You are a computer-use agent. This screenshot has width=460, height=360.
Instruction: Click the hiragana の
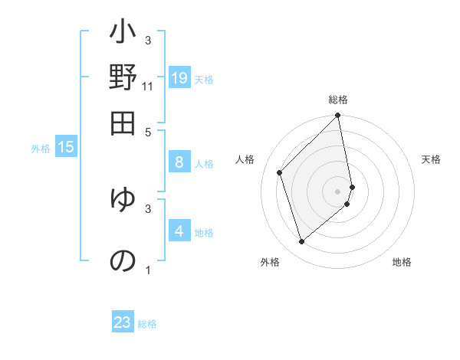123,260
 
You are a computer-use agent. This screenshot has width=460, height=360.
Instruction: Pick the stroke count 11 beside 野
147,87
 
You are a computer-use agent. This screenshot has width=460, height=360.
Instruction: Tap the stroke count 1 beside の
148,270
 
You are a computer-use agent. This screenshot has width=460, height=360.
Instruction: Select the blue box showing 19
179,77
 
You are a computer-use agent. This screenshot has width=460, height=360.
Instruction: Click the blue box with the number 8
179,162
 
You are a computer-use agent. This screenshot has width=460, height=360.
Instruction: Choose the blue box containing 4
179,231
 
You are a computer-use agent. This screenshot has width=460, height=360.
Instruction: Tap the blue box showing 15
66,147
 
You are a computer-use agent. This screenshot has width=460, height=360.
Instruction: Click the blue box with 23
123,322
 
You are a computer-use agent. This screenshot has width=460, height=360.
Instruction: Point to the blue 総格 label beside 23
147,324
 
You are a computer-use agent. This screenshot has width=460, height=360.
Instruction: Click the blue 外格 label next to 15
41,149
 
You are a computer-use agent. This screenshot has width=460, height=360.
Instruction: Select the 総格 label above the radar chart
338,100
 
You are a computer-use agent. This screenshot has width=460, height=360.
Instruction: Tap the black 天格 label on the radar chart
431,159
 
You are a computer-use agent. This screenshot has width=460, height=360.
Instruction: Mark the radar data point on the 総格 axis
338,116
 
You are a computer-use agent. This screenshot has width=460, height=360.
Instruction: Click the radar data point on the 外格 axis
301,242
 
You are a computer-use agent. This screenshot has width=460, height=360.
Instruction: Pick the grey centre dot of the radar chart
338,190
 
